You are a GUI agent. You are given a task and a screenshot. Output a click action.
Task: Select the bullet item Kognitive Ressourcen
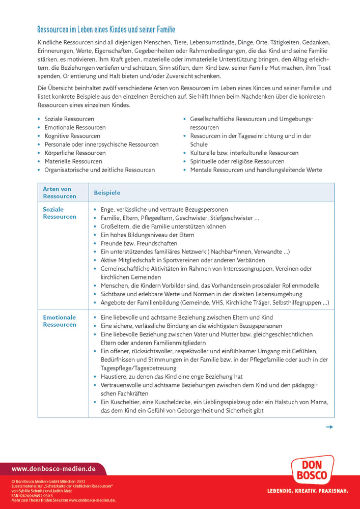pos(72,136)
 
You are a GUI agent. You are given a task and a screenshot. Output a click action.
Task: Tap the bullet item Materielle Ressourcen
pos(73,161)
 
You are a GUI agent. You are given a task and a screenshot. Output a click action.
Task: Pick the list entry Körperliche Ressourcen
pos(75,153)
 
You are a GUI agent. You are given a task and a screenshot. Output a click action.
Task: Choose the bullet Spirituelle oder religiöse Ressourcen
pos(237,161)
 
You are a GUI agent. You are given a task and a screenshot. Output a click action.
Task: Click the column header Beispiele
pos(107,193)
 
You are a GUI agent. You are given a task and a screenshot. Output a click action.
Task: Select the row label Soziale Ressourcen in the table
pos(59,213)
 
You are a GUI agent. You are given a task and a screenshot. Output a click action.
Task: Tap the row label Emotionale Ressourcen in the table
pos(59,321)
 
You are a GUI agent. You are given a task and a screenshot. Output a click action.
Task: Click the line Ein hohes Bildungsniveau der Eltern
pos(147,235)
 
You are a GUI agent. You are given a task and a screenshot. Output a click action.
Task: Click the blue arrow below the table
pos(329,427)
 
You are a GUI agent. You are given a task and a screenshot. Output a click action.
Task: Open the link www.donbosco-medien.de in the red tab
pos(53,469)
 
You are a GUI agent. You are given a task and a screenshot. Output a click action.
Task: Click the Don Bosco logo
pos(312,470)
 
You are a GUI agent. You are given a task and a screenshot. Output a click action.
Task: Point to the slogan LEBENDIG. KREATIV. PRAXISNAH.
pos(308,491)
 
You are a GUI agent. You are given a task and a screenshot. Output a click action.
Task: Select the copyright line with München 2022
pos(48,481)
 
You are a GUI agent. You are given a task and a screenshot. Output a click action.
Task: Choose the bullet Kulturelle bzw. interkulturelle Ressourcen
pos(244,153)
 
